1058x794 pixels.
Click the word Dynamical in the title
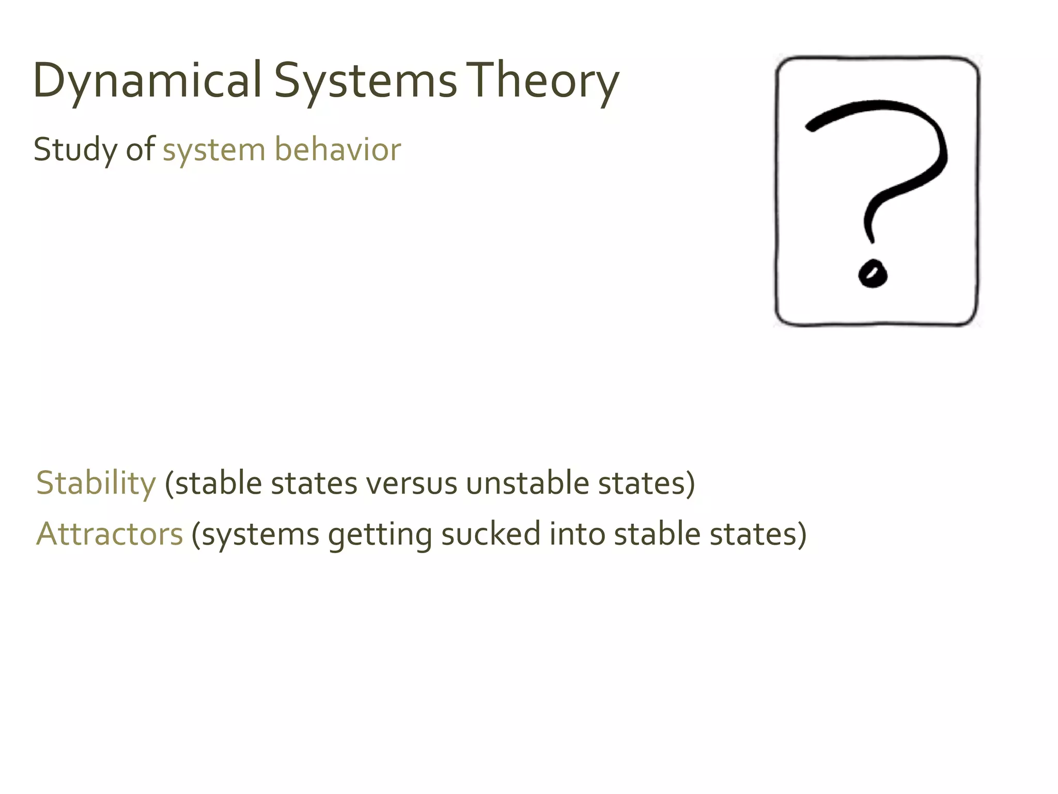tap(148, 82)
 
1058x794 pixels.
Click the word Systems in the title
tap(365, 82)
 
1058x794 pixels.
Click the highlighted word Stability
tap(96, 483)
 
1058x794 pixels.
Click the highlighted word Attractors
tap(110, 534)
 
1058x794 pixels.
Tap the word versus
tap(411, 484)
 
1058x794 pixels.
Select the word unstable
tap(527, 483)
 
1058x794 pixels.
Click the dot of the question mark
tap(873, 272)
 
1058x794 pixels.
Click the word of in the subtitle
tap(140, 150)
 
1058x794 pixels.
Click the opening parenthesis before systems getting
tap(196, 535)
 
